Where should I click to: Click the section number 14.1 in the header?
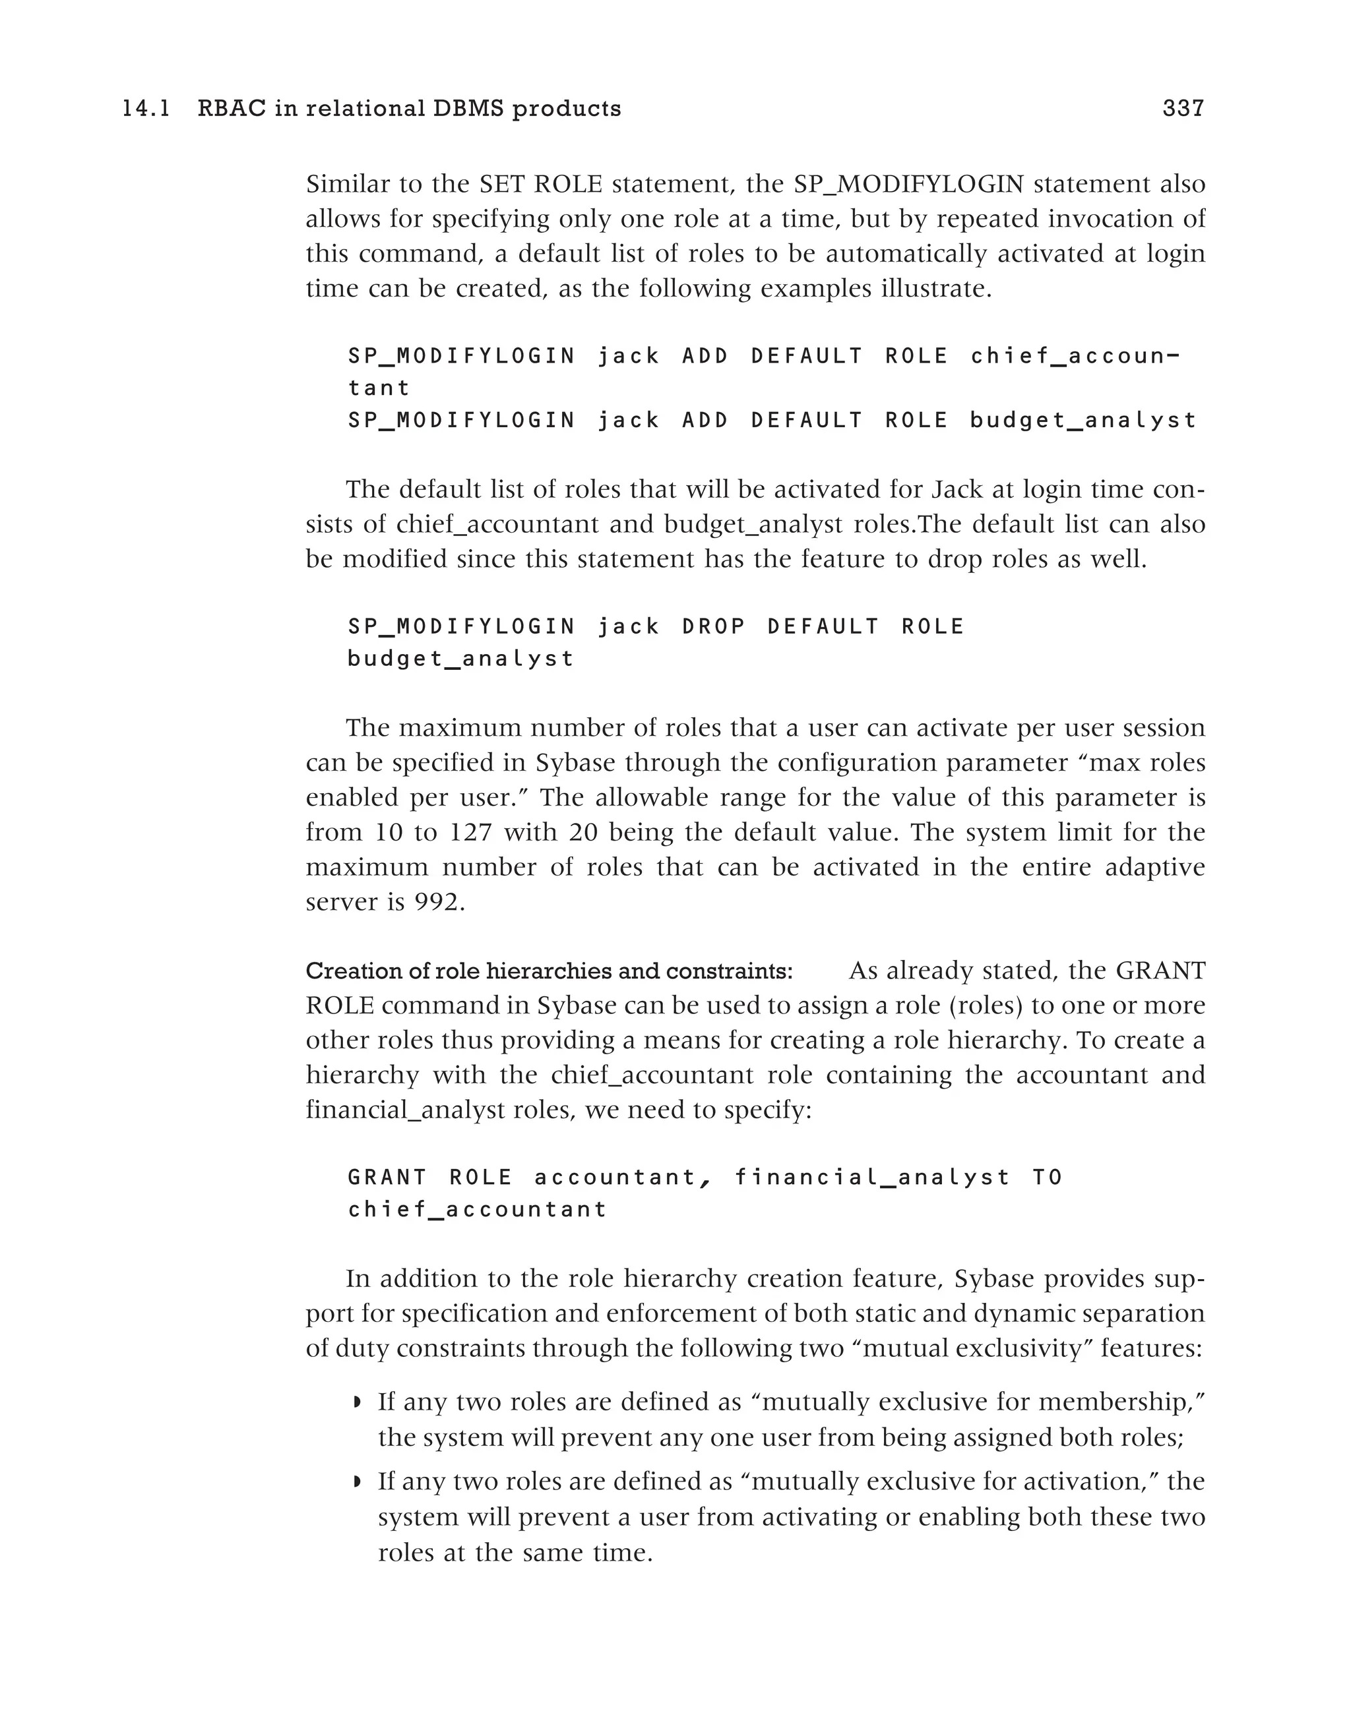pyautogui.click(x=146, y=108)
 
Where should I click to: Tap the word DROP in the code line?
pyautogui.click(x=713, y=627)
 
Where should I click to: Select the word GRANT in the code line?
pyautogui.click(x=387, y=1177)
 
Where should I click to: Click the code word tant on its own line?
pyautogui.click(x=379, y=389)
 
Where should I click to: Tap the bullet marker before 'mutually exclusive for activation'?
pyautogui.click(x=358, y=1482)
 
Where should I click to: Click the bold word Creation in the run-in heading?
pyautogui.click(x=344, y=971)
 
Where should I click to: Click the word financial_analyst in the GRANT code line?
pyautogui.click(x=872, y=1177)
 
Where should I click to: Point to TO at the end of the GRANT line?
pyautogui.click(x=1048, y=1177)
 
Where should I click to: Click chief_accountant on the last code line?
pyautogui.click(x=477, y=1210)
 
